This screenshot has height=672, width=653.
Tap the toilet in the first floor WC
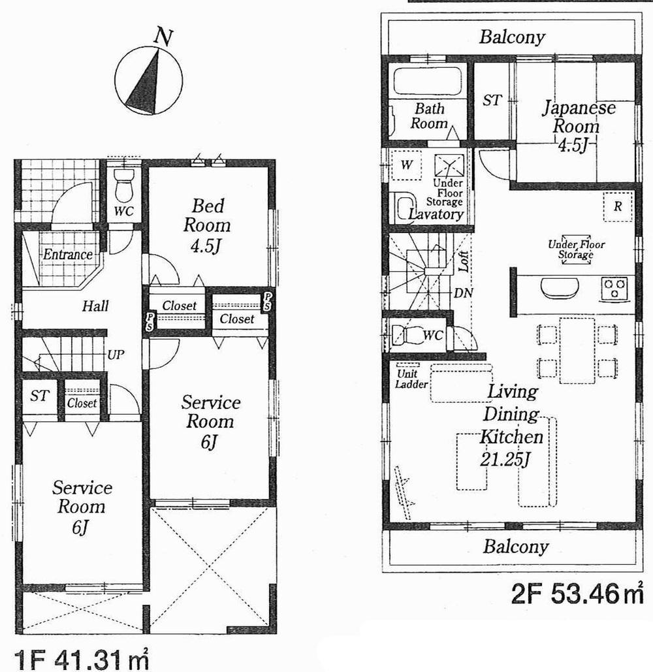coord(123,186)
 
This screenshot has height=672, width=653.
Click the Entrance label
coord(67,255)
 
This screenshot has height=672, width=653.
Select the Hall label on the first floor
coord(95,306)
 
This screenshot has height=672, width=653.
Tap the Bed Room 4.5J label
coord(207,225)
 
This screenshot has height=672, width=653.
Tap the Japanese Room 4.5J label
coord(577,126)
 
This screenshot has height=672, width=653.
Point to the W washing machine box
coord(406,165)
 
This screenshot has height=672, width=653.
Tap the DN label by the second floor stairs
coord(463,293)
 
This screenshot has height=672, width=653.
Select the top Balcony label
coord(512,37)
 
